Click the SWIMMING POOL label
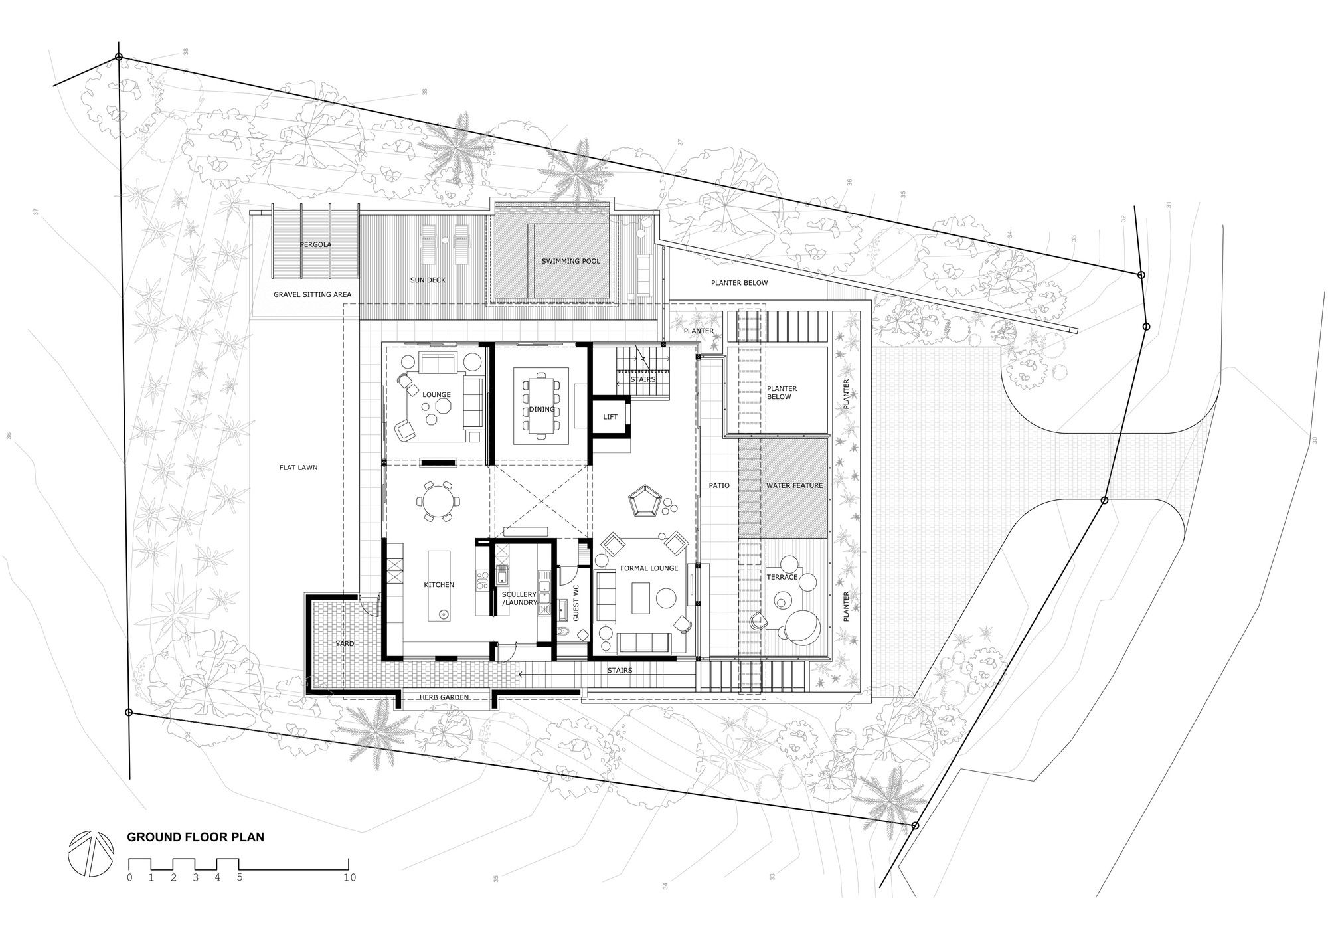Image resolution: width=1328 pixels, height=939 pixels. tap(570, 261)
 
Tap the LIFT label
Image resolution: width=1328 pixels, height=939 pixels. tap(610, 417)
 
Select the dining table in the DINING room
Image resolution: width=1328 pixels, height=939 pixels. tap(542, 404)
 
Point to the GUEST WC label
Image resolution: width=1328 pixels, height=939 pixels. tap(576, 603)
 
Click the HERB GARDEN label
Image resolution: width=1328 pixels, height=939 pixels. tap(444, 697)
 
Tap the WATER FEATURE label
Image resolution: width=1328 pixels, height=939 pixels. tap(795, 485)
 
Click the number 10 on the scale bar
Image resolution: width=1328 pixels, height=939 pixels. tap(349, 877)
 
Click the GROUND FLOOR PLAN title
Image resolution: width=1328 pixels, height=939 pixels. tap(196, 837)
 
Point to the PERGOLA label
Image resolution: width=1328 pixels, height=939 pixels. tap(315, 244)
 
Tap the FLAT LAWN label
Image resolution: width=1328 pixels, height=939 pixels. tap(298, 468)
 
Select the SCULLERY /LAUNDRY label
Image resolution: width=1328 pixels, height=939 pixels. tap(519, 598)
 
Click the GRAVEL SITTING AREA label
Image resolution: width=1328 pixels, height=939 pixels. tap(313, 294)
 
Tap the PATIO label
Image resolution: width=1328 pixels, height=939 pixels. tap(719, 485)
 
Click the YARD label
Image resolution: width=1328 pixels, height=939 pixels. tap(345, 644)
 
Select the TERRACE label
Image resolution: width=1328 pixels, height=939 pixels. tap(782, 577)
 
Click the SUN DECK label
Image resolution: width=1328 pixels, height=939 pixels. tap(428, 280)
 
